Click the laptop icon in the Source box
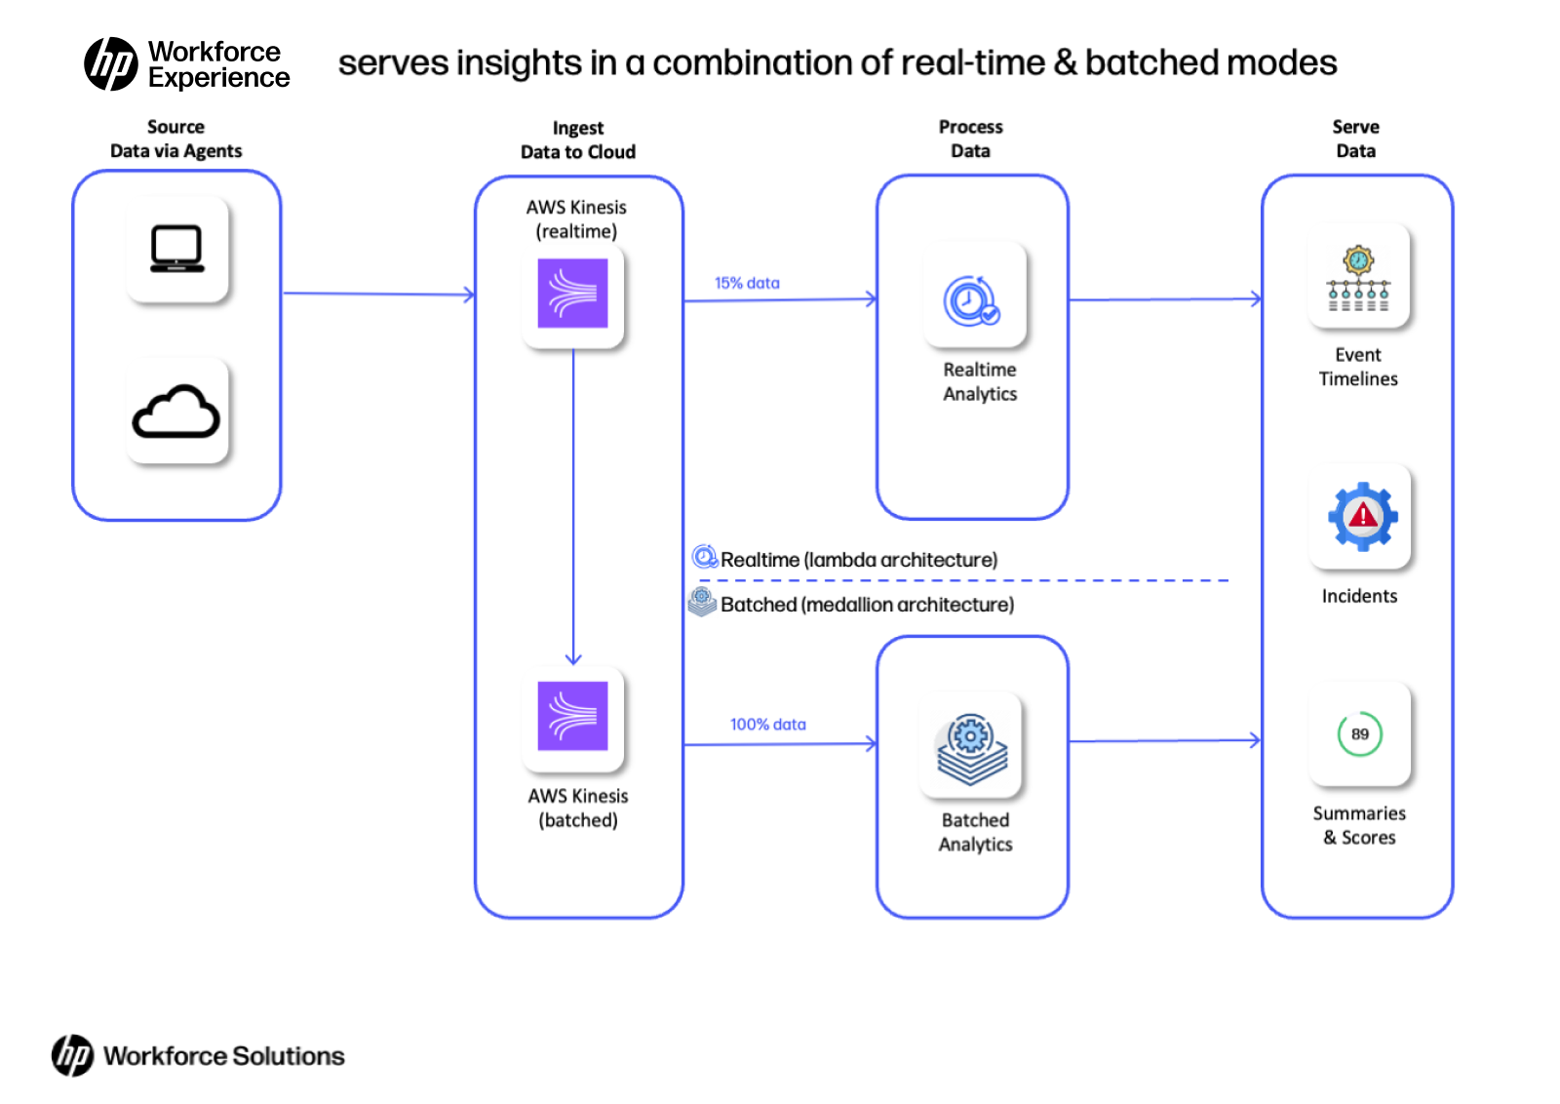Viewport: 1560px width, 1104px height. pos(176,249)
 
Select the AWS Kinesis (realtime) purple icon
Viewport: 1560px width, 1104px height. pos(572,294)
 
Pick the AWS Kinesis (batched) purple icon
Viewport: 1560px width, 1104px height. pos(572,717)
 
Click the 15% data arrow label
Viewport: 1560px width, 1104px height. pos(747,283)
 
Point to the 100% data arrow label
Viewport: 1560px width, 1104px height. pos(767,725)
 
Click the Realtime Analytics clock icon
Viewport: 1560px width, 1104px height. pos(971,299)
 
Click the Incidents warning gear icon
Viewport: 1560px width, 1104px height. pos(1361,517)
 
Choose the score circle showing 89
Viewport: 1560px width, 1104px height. pos(1359,734)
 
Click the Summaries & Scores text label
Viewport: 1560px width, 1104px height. pos(1359,825)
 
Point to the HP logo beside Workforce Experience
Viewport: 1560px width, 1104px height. pos(111,64)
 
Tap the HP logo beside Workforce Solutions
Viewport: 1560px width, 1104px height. pos(72,1055)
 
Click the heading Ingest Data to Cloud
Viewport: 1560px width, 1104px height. pos(577,140)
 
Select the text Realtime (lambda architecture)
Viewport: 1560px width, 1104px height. pos(858,560)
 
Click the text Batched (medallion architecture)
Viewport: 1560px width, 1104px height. pos(867,605)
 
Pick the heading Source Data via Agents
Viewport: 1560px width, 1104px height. pos(175,138)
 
